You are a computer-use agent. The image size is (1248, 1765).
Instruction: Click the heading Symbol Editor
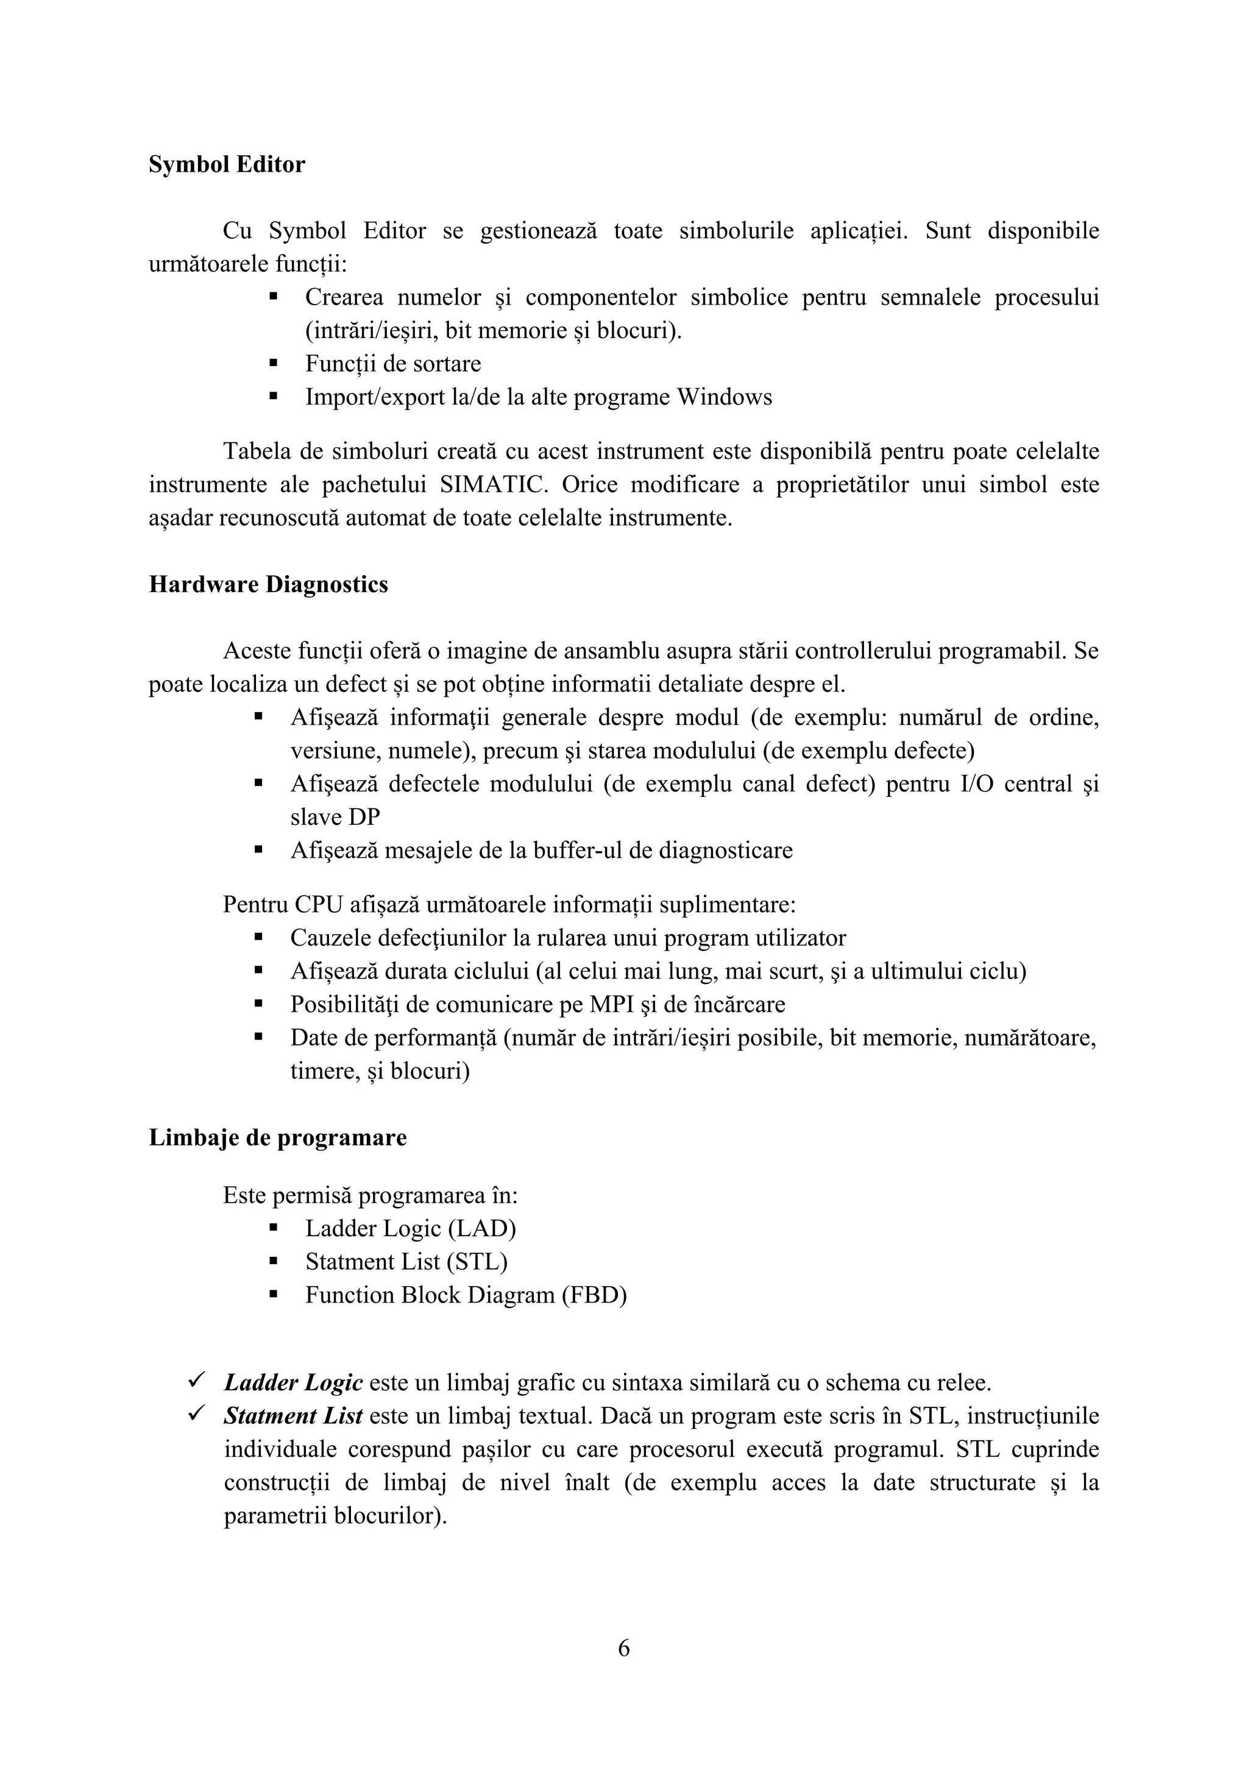(x=226, y=164)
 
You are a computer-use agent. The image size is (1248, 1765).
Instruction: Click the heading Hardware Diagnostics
(x=268, y=585)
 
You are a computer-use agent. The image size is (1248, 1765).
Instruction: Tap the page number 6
(x=623, y=1648)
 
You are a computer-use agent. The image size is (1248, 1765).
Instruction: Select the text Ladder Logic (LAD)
(x=410, y=1228)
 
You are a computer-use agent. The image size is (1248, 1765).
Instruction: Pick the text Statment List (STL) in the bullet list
(x=406, y=1262)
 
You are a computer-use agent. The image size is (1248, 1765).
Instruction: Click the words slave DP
(x=335, y=817)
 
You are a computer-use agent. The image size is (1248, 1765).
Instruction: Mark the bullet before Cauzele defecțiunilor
(x=258, y=937)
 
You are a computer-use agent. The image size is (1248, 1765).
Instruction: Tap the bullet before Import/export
(x=273, y=397)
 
